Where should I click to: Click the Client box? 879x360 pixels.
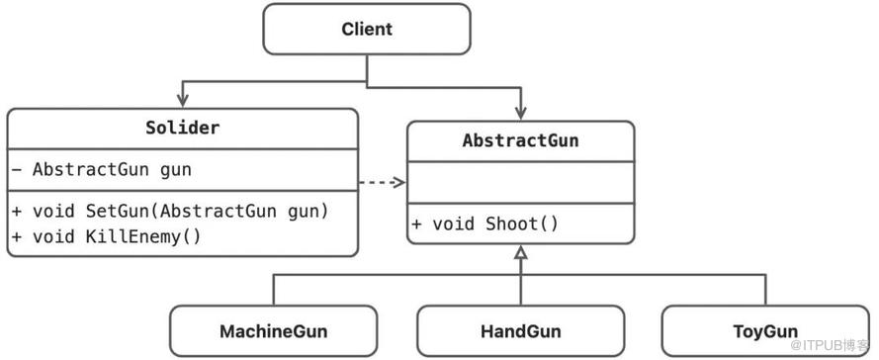pos(367,29)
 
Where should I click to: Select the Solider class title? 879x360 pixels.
pos(182,128)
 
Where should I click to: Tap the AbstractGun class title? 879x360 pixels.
pos(520,140)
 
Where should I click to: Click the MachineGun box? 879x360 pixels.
pos(274,331)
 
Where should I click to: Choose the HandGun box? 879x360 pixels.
pos(521,331)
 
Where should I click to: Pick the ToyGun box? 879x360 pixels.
pos(765,331)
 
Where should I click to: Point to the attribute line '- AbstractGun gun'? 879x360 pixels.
pos(102,169)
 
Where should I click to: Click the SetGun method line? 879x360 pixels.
pos(169,212)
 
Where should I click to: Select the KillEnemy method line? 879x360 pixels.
pos(106,236)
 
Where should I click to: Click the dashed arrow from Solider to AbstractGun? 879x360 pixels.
pos(382,182)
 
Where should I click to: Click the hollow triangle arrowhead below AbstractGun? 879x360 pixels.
pos(521,252)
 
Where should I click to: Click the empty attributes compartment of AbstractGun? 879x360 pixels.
pos(521,183)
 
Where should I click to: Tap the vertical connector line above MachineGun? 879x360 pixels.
pos(274,290)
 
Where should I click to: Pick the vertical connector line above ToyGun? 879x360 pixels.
pos(765,290)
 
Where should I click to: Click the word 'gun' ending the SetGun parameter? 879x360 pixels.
pos(302,212)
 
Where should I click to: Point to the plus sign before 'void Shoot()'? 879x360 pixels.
pos(416,225)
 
